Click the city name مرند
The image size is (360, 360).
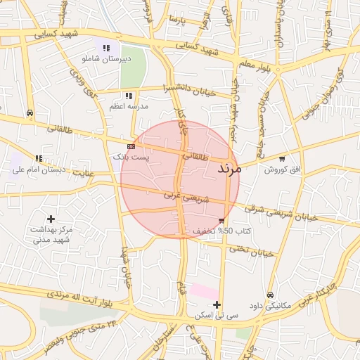(x=229, y=169)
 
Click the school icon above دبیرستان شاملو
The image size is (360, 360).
(x=106, y=48)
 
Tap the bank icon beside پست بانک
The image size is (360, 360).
(x=131, y=146)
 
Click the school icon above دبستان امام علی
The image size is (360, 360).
(x=39, y=158)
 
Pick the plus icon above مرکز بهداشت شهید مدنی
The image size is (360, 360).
(x=51, y=219)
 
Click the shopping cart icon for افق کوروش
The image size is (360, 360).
(x=283, y=159)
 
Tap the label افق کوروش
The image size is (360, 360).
(x=283, y=169)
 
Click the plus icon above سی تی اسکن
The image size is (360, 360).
(x=217, y=305)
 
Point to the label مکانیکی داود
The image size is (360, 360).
(x=271, y=306)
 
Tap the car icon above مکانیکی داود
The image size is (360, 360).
(x=271, y=295)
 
